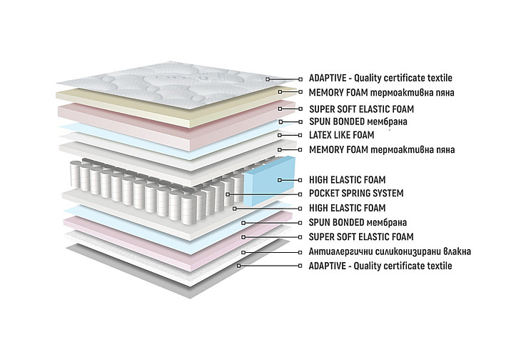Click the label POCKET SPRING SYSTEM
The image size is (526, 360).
click(356, 194)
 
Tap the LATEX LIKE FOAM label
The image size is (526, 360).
click(341, 135)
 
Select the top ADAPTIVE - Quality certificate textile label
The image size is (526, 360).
click(380, 79)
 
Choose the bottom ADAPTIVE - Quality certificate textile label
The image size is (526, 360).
click(380, 266)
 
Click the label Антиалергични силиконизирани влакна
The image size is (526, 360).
click(390, 251)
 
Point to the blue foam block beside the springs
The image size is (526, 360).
click(269, 181)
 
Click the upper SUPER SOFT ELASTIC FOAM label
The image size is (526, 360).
click(361, 109)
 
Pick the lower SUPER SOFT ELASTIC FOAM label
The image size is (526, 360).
click(361, 237)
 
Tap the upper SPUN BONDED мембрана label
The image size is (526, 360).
click(358, 121)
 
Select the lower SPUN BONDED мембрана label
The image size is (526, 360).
click(358, 222)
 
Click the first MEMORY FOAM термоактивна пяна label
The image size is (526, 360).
click(381, 92)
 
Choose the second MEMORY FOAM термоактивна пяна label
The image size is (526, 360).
click(382, 149)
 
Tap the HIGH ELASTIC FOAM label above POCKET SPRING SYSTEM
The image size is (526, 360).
click(347, 180)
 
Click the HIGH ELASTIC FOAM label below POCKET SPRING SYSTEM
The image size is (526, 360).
click(347, 208)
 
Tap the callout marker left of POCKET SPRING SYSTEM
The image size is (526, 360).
click(228, 194)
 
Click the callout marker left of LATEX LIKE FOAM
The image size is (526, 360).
click(280, 135)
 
